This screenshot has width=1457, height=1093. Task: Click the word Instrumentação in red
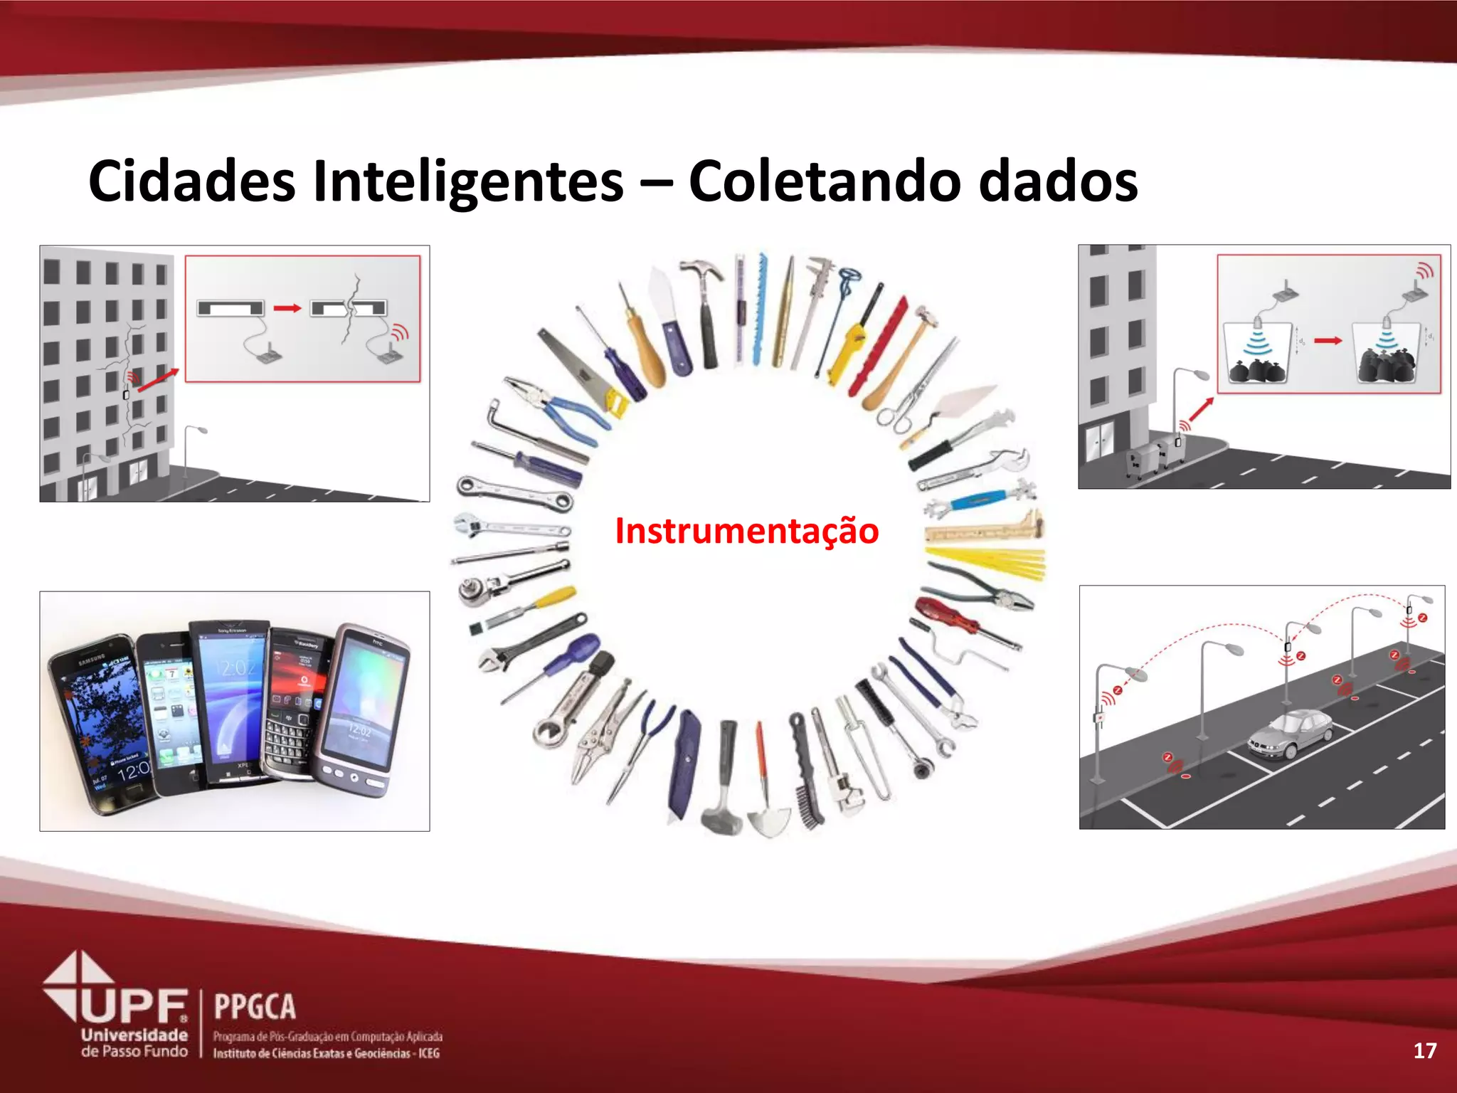(x=746, y=531)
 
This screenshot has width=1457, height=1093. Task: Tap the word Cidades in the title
(x=191, y=181)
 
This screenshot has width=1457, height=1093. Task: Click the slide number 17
(x=1424, y=1050)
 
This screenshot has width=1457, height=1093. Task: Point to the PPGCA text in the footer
(x=255, y=1007)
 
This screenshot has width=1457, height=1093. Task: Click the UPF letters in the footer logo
(x=135, y=1006)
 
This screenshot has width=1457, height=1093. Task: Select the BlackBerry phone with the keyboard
(x=295, y=704)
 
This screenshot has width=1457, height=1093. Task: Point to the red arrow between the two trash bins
(x=1328, y=341)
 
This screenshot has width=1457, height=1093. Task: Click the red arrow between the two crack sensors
(x=287, y=308)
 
